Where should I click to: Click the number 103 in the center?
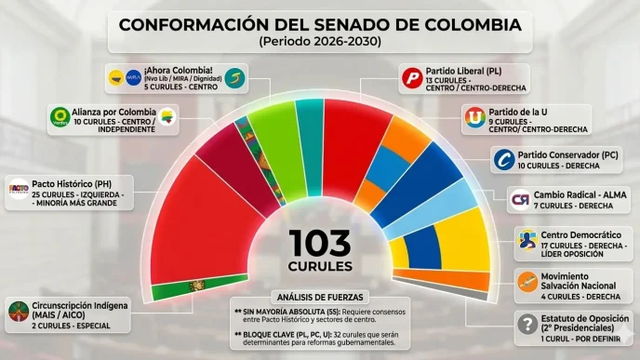[x=320, y=243]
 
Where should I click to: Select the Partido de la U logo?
[x=475, y=119]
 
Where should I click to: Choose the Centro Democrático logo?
[x=528, y=240]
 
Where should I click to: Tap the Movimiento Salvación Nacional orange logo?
[x=527, y=280]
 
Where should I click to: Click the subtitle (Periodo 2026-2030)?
[x=320, y=42]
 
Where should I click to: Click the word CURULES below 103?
[x=320, y=269]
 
